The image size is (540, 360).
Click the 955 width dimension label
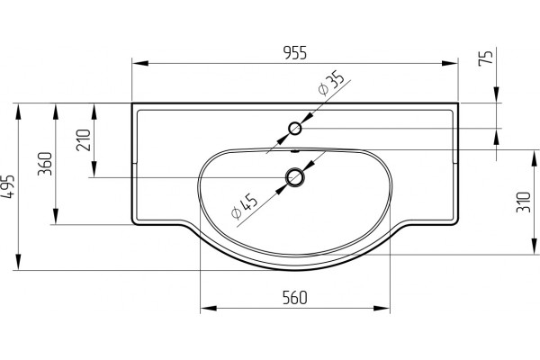click(294, 53)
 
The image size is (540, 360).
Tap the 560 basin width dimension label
click(294, 298)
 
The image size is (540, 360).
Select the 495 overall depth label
click(8, 186)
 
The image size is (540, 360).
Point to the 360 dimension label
click(45, 164)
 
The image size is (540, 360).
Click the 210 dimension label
click(84, 139)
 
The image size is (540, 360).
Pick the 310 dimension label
click(523, 202)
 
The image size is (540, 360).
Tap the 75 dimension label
click(486, 58)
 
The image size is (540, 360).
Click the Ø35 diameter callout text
click(330, 83)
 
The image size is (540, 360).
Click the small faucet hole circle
click(295, 129)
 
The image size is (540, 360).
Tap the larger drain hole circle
click(295, 178)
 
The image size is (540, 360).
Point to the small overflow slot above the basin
click(295, 151)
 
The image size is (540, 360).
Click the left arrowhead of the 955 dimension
click(140, 63)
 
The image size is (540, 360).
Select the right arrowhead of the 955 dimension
click(450, 63)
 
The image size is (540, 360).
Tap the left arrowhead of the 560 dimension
click(209, 308)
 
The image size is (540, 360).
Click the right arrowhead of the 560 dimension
click(382, 308)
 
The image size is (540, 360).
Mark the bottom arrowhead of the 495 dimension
click(18, 262)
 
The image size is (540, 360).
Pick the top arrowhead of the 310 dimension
click(535, 158)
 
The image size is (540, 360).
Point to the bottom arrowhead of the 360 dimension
click(56, 216)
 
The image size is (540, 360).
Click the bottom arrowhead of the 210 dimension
click(94, 169)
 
